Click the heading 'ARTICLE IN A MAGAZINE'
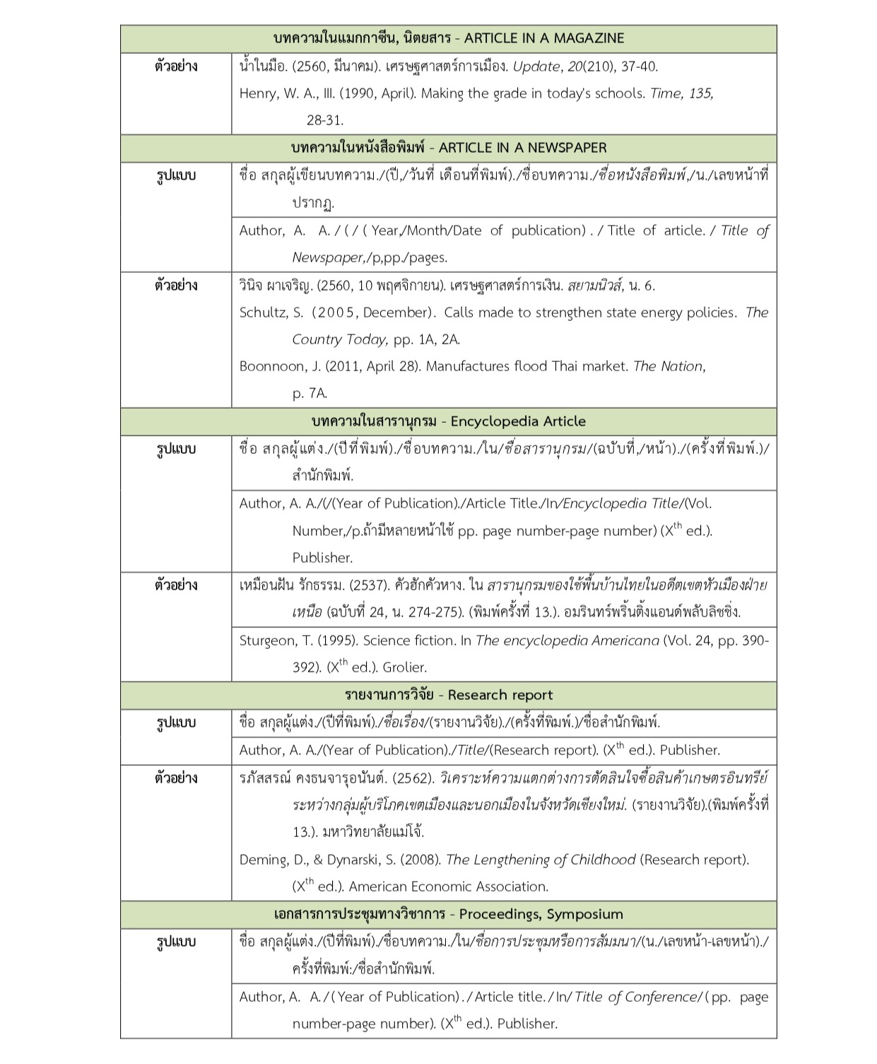[544, 38]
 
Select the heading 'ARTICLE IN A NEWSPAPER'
[522, 148]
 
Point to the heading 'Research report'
[500, 695]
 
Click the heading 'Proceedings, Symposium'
[541, 914]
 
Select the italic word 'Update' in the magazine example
[536, 66]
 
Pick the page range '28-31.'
[325, 120]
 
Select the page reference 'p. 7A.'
[310, 393]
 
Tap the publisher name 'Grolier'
[405, 667]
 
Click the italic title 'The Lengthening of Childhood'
[541, 860]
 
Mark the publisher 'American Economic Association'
[448, 887]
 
